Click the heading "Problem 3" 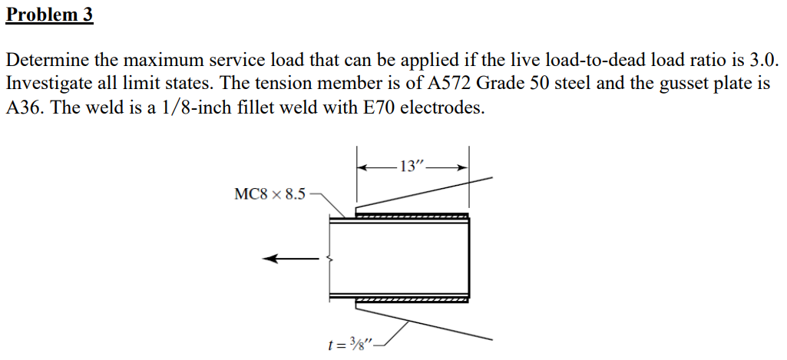tap(49, 15)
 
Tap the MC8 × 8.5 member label tap(269, 193)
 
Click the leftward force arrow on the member tap(289, 259)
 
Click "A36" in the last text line tap(24, 107)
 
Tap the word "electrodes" tap(448, 107)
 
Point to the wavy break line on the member tap(330, 259)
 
